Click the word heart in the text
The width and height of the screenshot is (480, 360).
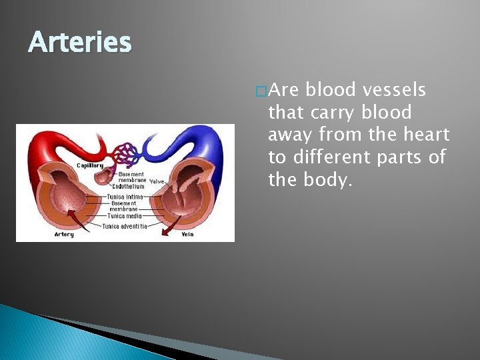(427, 135)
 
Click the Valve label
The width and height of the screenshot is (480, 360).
(157, 181)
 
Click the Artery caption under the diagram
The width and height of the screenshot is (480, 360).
(64, 234)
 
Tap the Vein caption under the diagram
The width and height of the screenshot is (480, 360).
(187, 234)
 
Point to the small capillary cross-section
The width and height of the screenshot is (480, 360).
(104, 174)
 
